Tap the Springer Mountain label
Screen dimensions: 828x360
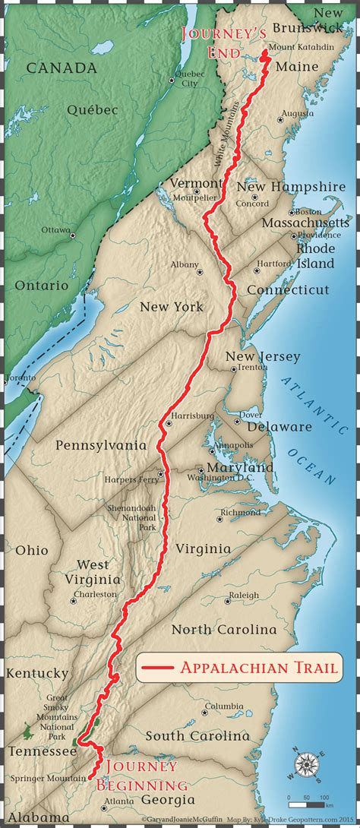click(48, 779)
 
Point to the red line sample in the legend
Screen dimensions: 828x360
click(158, 668)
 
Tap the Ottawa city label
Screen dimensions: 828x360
click(56, 229)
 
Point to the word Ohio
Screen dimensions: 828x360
click(31, 550)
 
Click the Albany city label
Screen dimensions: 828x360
click(185, 264)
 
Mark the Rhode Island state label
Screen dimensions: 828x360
click(315, 255)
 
